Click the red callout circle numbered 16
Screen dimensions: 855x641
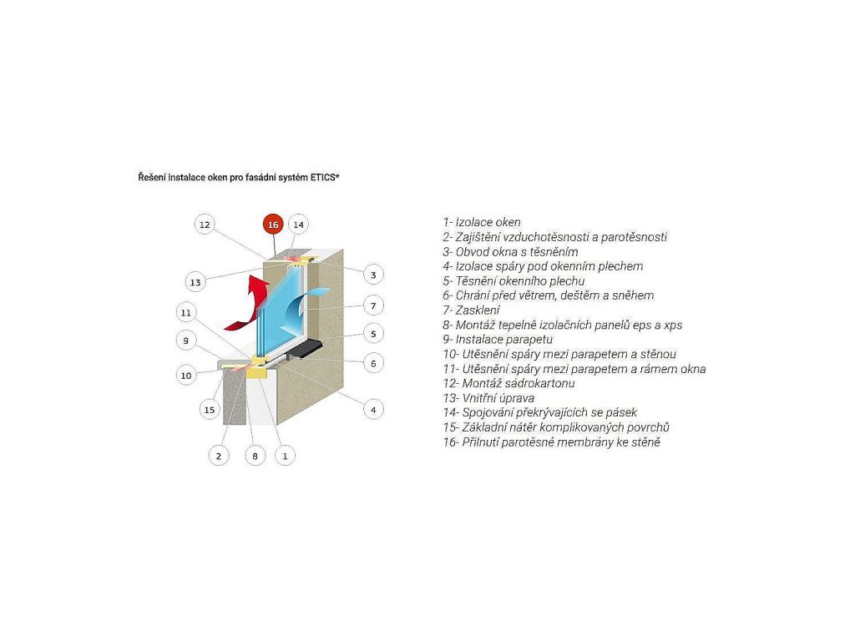tap(273, 225)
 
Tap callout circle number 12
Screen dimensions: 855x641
tap(205, 225)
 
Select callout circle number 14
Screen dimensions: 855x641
tap(298, 225)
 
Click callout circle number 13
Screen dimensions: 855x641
tap(195, 282)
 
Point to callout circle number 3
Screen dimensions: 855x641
tap(373, 275)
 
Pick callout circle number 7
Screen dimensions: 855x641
tap(373, 305)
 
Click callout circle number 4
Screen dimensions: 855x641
tap(373, 410)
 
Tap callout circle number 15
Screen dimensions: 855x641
tap(210, 410)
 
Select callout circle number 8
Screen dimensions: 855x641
tap(255, 456)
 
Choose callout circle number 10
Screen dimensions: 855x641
tap(186, 376)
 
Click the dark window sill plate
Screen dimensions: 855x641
tap(306, 347)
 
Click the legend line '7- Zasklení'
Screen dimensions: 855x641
tap(471, 310)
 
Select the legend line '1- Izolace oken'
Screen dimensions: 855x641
tap(482, 222)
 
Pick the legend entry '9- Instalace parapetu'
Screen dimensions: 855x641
tap(498, 339)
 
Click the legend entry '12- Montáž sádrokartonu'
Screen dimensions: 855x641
tap(508, 383)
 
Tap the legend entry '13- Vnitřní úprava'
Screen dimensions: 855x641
tap(488, 398)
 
